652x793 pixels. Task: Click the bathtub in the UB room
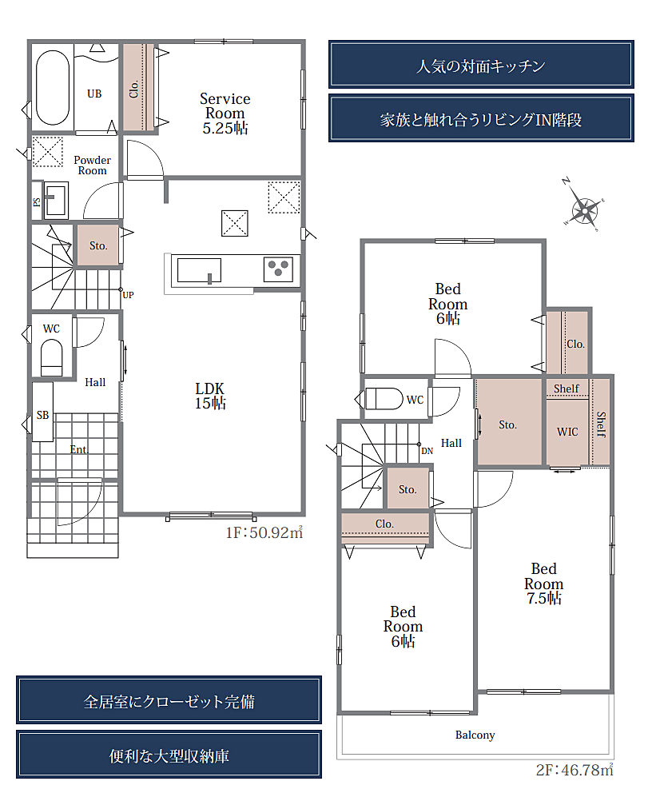53,87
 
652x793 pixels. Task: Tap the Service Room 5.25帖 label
225,114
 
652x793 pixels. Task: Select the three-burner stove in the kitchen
279,269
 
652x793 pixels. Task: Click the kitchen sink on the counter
199,270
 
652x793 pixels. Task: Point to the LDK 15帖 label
210,396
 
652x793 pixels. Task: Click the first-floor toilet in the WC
51,357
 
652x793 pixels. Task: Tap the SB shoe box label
42,415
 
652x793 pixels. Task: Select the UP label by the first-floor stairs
129,295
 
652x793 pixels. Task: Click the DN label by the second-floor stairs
427,451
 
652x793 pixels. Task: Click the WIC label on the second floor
567,432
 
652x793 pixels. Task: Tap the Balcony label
475,735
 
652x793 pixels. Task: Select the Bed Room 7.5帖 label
544,583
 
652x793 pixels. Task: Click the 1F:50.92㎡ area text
264,532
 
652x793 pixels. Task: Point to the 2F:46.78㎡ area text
574,770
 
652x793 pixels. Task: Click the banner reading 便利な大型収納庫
169,755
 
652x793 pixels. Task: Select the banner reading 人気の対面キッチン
481,65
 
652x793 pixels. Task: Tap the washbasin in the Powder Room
56,201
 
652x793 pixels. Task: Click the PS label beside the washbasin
37,201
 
